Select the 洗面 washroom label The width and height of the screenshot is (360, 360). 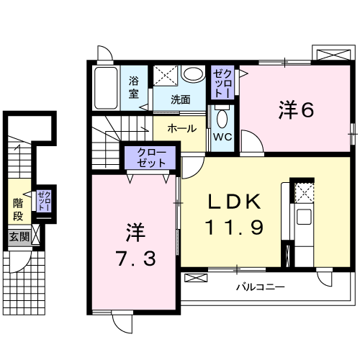[x=181, y=100]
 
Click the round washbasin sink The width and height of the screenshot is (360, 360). [x=192, y=74]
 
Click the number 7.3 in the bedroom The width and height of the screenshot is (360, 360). [x=135, y=257]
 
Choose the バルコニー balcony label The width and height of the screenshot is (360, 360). [x=261, y=287]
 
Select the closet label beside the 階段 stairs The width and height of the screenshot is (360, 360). [x=44, y=200]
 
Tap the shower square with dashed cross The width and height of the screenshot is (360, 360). [x=166, y=74]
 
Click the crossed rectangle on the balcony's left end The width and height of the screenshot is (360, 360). [x=195, y=276]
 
